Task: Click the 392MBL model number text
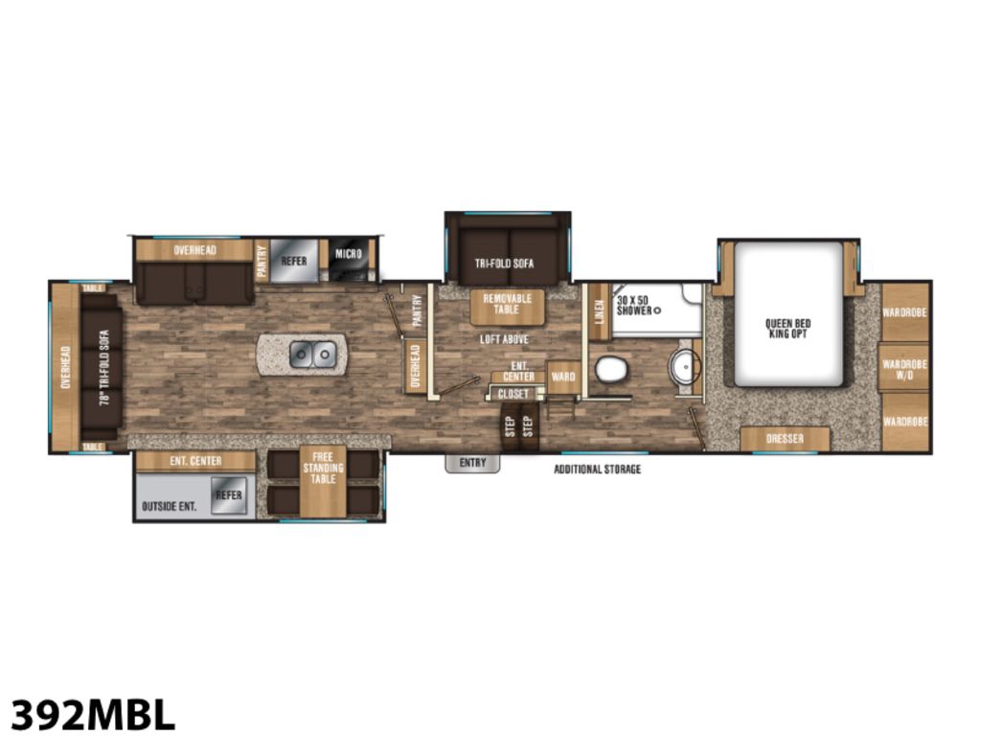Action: [x=93, y=713]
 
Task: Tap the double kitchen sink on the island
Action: [x=313, y=355]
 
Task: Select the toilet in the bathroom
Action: [x=611, y=369]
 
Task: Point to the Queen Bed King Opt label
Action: [x=787, y=329]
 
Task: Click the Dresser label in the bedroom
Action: [x=785, y=439]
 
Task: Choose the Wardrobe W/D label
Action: [x=904, y=369]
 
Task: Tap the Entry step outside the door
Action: [x=472, y=463]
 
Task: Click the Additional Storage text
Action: [x=598, y=469]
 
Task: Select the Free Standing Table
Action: [x=323, y=481]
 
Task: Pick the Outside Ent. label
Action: [x=169, y=506]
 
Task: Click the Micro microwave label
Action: [x=349, y=253]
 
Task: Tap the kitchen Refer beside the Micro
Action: [x=294, y=261]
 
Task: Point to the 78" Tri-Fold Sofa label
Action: [x=104, y=368]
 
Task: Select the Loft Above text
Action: [x=504, y=339]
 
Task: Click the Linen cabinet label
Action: [x=600, y=311]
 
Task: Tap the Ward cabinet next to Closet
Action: [x=563, y=378]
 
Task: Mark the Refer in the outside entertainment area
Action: [x=228, y=495]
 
